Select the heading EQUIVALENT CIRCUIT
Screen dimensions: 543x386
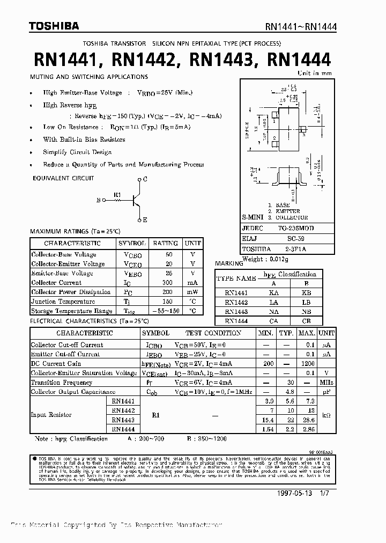point(63,178)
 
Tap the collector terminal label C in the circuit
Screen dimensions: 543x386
point(145,179)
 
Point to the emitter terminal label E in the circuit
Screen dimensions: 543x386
point(145,220)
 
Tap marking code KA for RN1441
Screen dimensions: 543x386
point(273,293)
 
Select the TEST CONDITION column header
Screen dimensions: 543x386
point(213,333)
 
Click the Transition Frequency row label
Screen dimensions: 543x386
point(61,383)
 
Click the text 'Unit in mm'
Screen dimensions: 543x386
point(315,73)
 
